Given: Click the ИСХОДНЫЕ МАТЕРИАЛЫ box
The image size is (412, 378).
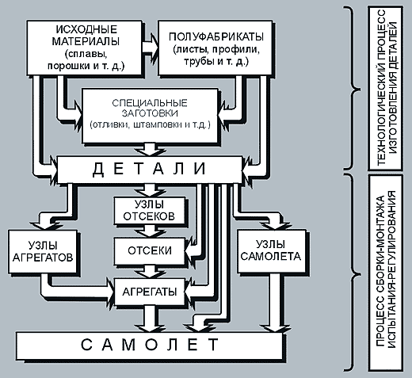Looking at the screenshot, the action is pos(85,48).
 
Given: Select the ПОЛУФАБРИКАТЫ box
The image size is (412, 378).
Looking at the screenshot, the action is pos(216,48).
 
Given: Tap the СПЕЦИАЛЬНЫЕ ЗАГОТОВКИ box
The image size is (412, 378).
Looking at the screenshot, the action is pos(150,116).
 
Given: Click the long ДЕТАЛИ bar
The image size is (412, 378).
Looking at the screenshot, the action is pos(150,170).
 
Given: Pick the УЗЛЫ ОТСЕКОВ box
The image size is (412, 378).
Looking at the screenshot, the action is pos(149,210).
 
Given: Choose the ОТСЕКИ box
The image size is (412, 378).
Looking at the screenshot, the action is pos(149,250).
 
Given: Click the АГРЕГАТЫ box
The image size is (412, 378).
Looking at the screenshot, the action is pos(149,292).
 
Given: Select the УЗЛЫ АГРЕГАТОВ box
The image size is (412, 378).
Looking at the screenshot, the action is pos(43,251).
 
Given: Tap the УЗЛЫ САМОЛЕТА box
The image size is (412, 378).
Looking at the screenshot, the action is pos(271,251).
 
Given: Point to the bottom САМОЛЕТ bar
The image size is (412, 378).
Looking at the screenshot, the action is pos(149,346).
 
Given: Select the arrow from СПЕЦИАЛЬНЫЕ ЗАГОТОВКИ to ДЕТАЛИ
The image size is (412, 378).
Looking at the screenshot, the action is pos(151,149).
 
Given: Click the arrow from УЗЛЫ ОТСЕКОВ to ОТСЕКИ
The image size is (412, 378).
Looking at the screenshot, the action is pos(151,231).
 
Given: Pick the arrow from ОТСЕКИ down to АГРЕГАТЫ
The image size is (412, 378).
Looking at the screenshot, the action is pos(151,271).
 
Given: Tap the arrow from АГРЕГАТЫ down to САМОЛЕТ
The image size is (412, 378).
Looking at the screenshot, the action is pos(151,319).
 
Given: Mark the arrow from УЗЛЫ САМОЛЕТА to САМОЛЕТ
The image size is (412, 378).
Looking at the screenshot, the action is pos(276,303).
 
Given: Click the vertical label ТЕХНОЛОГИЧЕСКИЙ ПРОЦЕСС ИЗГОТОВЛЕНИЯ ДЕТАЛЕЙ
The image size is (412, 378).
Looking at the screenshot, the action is pos(387,88).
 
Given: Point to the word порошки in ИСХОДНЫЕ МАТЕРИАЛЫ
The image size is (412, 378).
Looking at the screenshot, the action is pos(69,66).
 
